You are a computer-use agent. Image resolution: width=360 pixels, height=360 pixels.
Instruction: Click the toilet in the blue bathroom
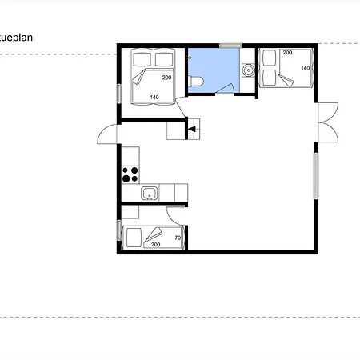pos(196,82)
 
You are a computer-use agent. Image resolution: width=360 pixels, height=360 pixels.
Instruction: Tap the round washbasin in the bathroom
pos(248,70)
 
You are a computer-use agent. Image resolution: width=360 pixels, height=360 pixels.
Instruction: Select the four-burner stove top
pos(130,174)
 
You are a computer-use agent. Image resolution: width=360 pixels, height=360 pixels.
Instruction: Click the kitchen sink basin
pos(150,194)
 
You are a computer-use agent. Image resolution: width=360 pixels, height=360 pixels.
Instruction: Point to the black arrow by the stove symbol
pos(192,130)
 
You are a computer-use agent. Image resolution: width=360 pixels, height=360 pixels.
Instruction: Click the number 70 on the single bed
pos(178,238)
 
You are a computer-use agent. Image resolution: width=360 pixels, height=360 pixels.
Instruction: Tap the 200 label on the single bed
pos(155,245)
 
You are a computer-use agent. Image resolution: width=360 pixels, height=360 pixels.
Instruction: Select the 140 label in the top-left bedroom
pos(154,98)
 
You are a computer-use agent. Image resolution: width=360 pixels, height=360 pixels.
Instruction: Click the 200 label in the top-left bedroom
pos(166,78)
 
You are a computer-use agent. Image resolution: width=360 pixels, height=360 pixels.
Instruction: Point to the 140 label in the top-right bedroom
pos(306,68)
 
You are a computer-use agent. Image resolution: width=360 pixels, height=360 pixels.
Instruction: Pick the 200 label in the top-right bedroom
pos(287,53)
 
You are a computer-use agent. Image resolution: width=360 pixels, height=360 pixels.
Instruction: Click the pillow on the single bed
pos(134,238)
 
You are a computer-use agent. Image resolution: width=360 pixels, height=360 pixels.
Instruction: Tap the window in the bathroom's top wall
pos(231,46)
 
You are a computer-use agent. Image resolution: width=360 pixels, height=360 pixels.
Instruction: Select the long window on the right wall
pos(316,176)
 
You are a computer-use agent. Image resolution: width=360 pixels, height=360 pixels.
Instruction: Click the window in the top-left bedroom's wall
pos(119,94)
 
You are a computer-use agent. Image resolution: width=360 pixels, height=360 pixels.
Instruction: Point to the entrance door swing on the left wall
pos(107,134)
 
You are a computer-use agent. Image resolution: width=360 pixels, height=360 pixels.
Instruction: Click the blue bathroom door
pos(225,89)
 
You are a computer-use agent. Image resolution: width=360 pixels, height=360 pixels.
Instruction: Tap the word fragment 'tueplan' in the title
pos(16,38)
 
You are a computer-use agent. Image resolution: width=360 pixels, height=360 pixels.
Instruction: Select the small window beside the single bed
pos(119,230)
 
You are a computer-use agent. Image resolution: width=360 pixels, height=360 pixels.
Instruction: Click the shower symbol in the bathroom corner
pos(190,58)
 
